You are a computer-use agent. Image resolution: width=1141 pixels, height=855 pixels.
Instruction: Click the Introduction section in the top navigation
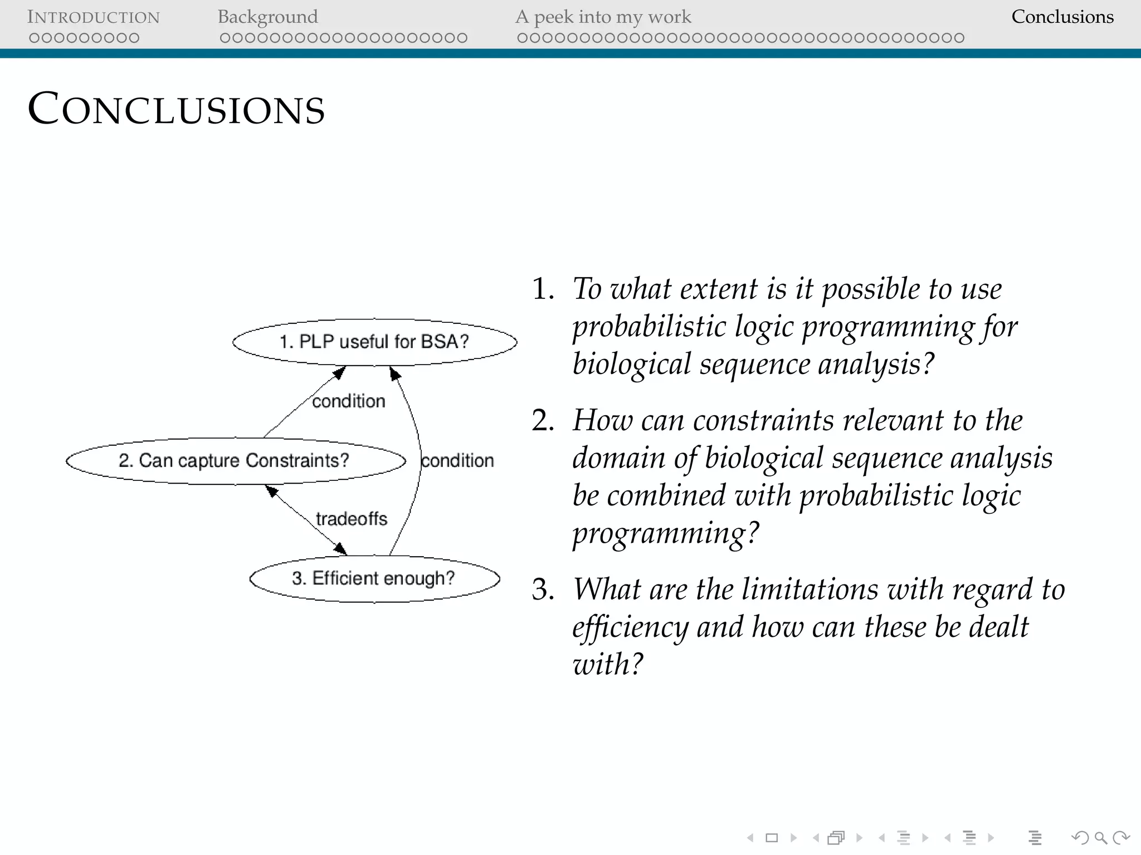tap(93, 17)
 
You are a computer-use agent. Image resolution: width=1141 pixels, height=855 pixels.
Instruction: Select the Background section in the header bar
tap(267, 17)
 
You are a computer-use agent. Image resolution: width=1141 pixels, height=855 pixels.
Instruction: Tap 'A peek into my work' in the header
tap(603, 17)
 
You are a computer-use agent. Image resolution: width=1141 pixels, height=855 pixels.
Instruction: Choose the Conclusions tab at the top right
tap(1062, 17)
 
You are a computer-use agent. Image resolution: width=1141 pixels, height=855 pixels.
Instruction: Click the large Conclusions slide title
tap(176, 109)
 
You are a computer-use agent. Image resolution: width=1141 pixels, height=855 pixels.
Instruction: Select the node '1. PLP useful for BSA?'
tap(374, 342)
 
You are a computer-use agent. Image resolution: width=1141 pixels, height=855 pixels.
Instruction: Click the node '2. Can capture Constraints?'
tap(234, 460)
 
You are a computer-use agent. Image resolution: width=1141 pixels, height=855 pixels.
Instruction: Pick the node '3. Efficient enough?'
tap(373, 578)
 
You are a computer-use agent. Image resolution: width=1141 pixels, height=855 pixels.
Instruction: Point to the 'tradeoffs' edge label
tap(351, 519)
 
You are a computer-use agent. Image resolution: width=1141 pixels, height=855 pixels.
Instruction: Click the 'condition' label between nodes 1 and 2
tap(348, 401)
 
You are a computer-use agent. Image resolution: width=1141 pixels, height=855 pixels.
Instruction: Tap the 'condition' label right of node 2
tap(457, 460)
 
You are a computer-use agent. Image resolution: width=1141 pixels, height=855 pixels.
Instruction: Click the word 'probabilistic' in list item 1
tap(649, 327)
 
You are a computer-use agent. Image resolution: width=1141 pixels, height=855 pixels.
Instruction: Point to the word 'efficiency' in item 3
tap(630, 627)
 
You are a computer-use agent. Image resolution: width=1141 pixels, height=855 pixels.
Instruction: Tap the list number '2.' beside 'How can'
tap(543, 420)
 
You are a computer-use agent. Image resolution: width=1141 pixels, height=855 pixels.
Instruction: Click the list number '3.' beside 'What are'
tap(543, 589)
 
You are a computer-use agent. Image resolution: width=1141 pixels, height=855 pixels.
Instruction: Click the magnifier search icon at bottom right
tap(1100, 838)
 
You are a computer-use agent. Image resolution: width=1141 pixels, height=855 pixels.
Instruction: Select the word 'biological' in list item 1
tap(631, 365)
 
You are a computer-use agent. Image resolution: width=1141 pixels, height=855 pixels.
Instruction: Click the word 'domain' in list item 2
tap(618, 458)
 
